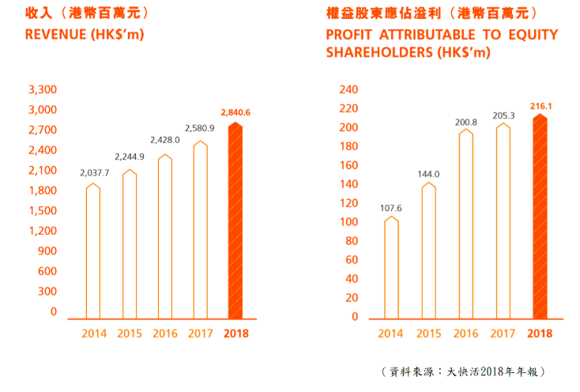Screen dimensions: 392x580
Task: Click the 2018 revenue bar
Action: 235,221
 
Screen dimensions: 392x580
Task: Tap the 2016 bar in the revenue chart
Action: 164,237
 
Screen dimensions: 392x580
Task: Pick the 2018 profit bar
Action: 540,217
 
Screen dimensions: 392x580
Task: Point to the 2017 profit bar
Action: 503,221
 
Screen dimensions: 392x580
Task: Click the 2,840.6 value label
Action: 235,113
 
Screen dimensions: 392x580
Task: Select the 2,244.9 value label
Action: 130,156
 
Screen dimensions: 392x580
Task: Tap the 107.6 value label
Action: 390,209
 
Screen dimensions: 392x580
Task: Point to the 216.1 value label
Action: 540,104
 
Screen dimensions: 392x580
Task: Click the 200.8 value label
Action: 465,122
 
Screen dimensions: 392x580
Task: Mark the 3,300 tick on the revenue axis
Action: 43,89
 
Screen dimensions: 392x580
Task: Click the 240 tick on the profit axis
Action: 349,89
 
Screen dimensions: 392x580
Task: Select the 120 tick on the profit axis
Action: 349,203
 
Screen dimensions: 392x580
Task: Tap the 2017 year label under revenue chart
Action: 201,334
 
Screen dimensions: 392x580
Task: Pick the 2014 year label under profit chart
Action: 390,334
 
